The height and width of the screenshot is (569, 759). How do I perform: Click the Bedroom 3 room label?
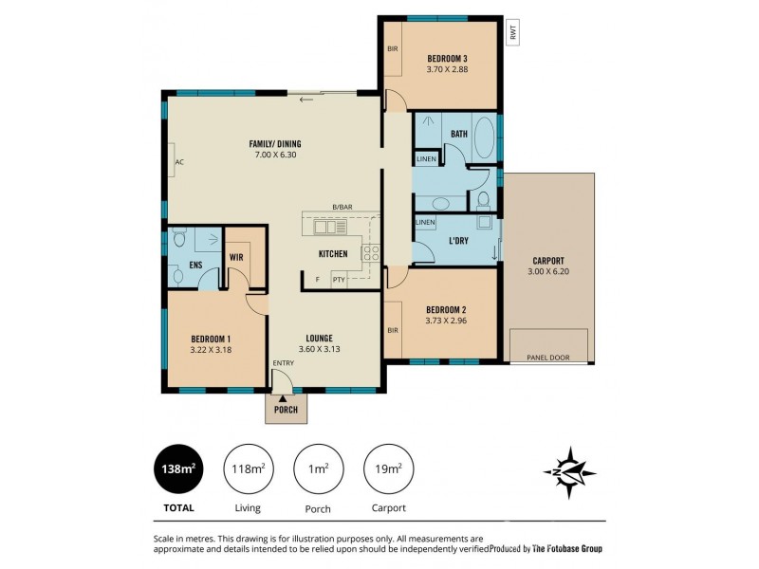446,59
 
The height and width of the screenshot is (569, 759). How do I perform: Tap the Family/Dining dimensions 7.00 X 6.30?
275,155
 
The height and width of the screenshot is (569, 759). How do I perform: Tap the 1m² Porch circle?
319,468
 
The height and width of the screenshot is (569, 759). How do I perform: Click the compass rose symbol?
568,471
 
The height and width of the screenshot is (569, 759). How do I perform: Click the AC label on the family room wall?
178,162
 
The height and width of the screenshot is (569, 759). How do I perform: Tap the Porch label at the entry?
286,410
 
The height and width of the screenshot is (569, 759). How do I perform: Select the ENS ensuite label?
195,266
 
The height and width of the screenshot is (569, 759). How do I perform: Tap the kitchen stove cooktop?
370,253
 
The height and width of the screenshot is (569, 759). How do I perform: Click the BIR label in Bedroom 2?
393,330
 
